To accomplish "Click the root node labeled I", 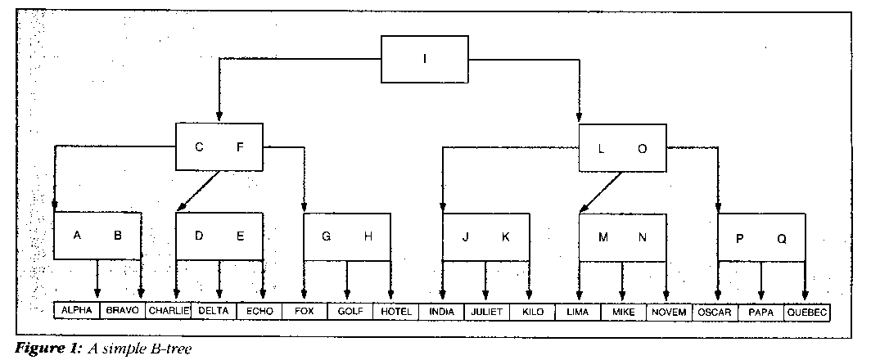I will (x=424, y=58).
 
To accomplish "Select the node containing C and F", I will (x=219, y=147).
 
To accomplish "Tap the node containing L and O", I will (x=622, y=148).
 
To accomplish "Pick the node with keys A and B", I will (x=97, y=236).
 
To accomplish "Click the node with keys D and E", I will (x=219, y=236).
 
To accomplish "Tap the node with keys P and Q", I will (x=761, y=238).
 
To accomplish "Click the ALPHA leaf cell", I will (x=76, y=312).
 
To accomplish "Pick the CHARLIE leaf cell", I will (x=169, y=312).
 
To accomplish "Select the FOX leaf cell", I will (x=305, y=312).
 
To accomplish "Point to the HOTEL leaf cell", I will (x=396, y=312).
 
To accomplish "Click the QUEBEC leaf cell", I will (x=806, y=312).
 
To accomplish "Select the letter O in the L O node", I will (x=642, y=148).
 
